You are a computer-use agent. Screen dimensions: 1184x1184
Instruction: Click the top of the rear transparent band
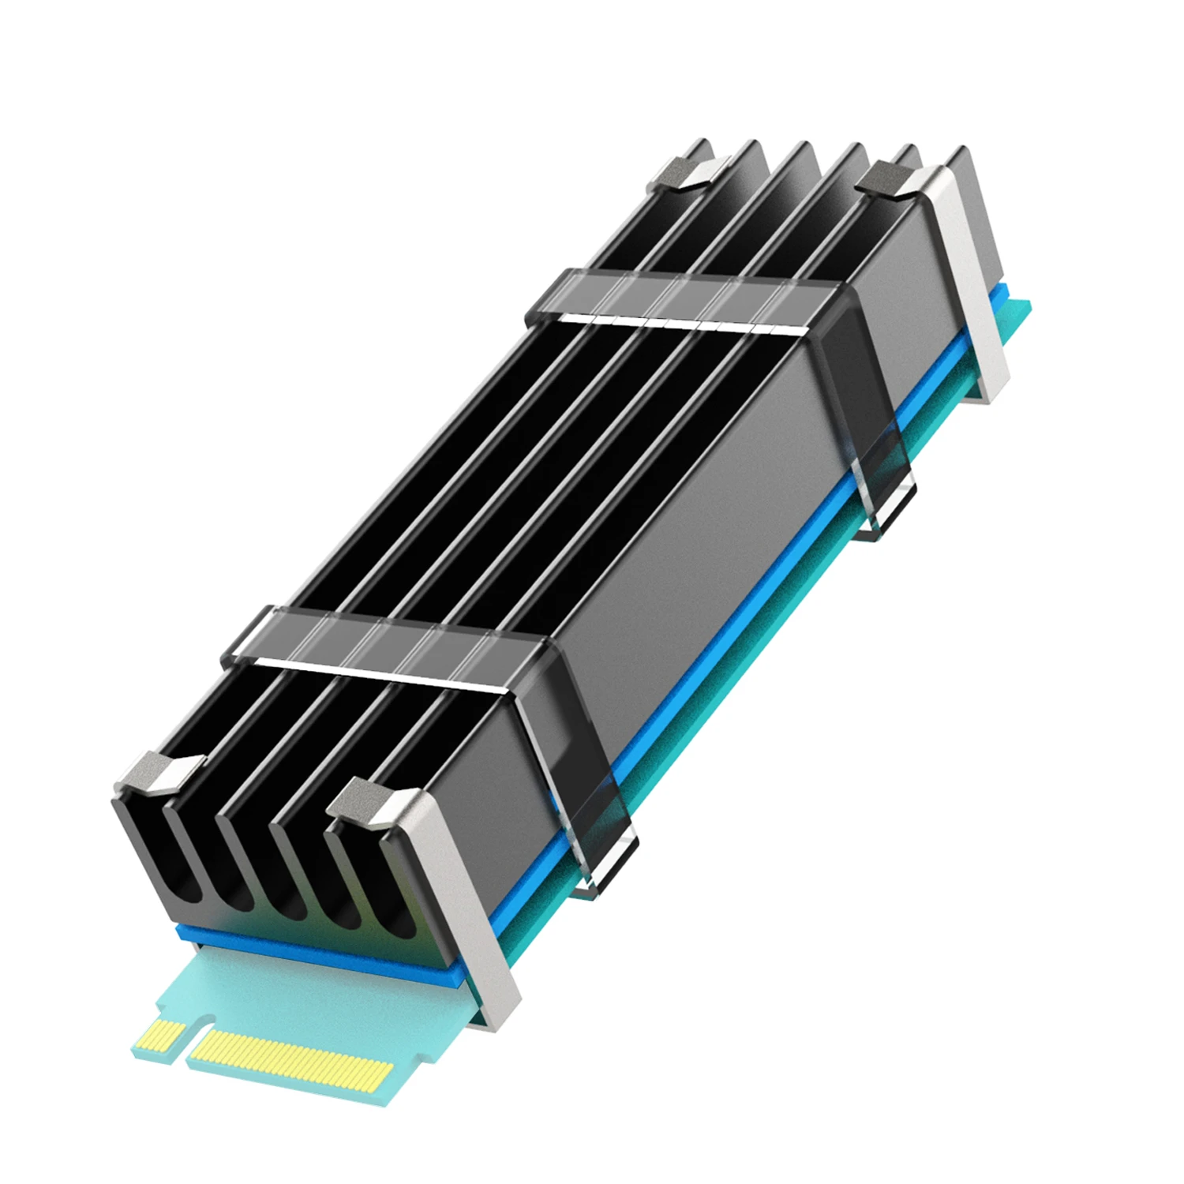(x=679, y=296)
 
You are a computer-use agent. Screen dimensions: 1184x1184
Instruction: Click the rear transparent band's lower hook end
(x=888, y=517)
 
